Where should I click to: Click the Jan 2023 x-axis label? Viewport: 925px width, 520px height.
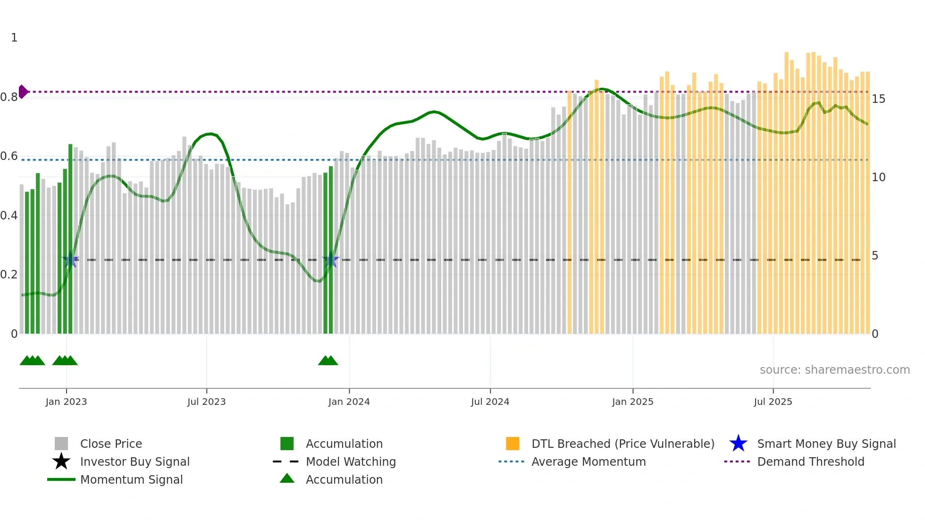(x=66, y=402)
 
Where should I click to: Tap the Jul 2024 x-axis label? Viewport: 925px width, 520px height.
(x=490, y=402)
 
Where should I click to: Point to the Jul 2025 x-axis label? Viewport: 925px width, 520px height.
(x=773, y=402)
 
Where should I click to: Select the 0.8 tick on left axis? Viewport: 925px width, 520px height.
(x=9, y=97)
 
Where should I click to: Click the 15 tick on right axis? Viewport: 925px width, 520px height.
(x=878, y=99)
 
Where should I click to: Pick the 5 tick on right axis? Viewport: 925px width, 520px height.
(x=875, y=256)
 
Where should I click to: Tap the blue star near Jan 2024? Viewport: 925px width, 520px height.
(x=330, y=260)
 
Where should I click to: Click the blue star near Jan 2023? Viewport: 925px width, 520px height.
(x=70, y=260)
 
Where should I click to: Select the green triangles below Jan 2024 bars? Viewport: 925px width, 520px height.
(x=328, y=361)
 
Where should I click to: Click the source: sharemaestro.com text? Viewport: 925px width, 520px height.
(x=834, y=370)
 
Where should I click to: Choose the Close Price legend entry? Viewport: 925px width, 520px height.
(x=111, y=444)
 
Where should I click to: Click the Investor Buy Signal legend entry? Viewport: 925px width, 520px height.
(x=135, y=461)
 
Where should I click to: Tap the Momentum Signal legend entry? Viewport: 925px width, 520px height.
(x=131, y=479)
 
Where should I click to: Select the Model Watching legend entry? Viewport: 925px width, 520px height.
(x=351, y=461)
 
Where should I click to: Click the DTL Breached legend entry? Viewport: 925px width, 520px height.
(x=622, y=444)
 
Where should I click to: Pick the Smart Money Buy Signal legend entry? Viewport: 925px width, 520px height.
(x=826, y=444)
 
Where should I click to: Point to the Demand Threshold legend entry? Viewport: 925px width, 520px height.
(x=810, y=461)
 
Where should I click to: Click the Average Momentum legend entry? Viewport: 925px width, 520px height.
(x=588, y=461)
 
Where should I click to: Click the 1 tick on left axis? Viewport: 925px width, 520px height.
(x=14, y=38)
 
